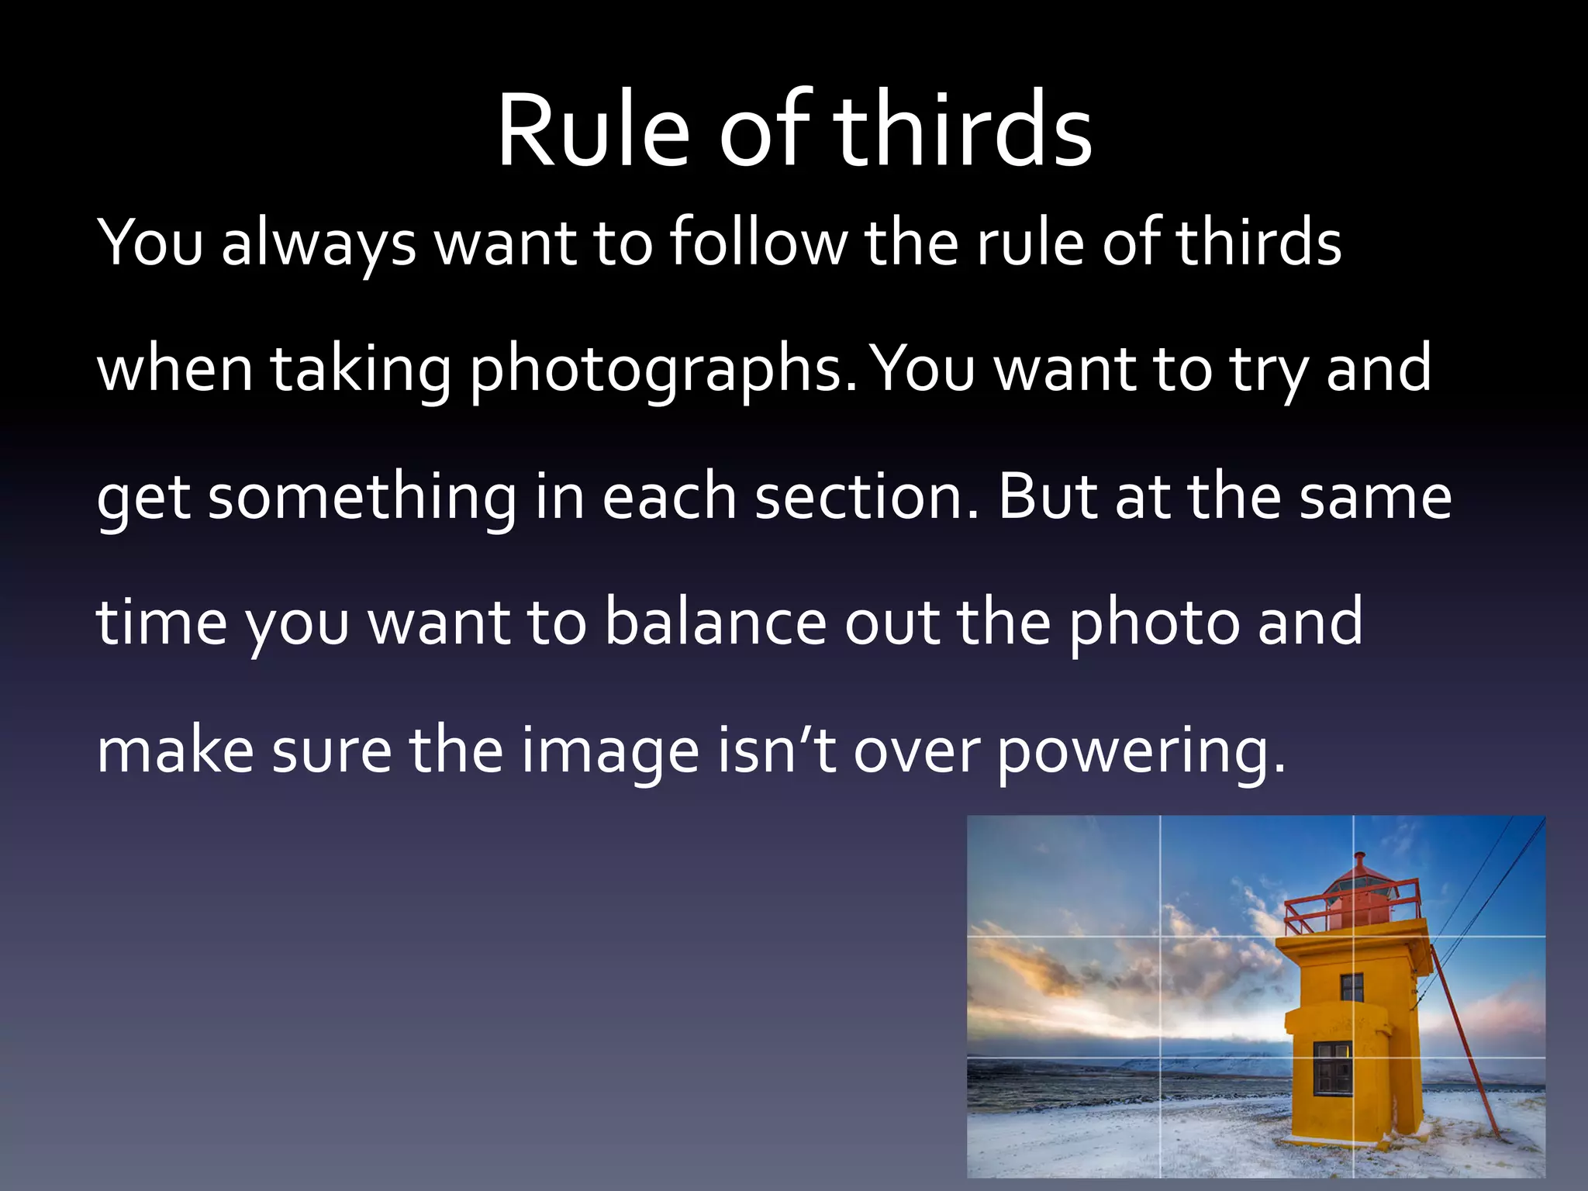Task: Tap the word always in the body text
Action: tap(319, 243)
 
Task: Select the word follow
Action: tap(758, 243)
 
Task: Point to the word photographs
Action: tap(664, 371)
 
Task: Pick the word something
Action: tap(362, 498)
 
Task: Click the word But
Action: tap(1048, 498)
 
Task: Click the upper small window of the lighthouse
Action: tap(1352, 987)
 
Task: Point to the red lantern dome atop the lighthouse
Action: tap(1359, 884)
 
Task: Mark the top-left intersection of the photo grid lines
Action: tap(1161, 937)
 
